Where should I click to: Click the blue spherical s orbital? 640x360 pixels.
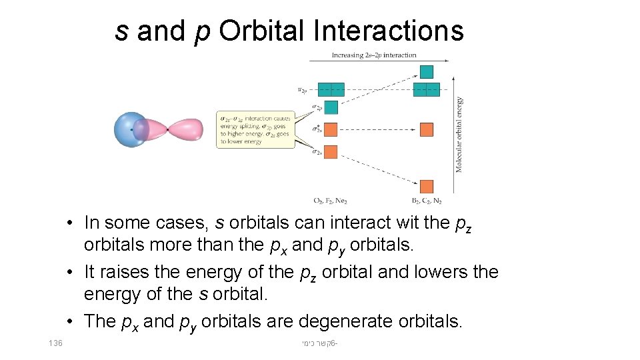pyautogui.click(x=130, y=129)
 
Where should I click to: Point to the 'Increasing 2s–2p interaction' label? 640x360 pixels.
pyautogui.click(x=374, y=55)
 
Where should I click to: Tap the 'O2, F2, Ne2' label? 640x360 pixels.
pyautogui.click(x=330, y=201)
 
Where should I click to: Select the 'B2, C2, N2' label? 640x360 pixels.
pyautogui.click(x=427, y=201)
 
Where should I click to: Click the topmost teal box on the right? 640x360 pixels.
pyautogui.click(x=427, y=72)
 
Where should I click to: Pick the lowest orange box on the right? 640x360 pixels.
pyautogui.click(x=427, y=187)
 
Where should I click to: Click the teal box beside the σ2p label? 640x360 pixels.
pyautogui.click(x=331, y=107)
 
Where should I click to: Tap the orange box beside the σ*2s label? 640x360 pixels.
pyautogui.click(x=331, y=129)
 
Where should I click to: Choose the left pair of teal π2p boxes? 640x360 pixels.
pyautogui.click(x=331, y=89)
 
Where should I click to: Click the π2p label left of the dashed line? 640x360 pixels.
pyautogui.click(x=303, y=89)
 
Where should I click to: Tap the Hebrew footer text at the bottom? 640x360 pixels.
pyautogui.click(x=319, y=343)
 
